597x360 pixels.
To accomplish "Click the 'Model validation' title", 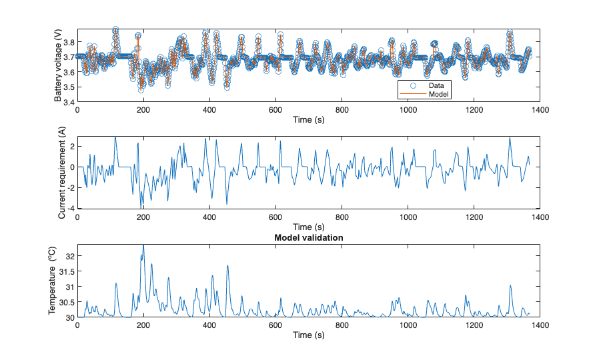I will tap(308, 237).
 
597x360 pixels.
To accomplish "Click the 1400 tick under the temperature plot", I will tap(540, 325).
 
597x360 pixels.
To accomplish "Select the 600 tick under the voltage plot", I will tap(275, 110).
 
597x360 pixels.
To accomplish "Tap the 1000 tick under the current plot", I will tap(408, 217).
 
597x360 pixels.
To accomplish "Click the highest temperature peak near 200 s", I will tap(143, 245).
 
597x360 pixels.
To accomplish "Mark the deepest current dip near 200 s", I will tap(141, 207).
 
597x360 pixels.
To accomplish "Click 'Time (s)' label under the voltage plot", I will tap(308, 119).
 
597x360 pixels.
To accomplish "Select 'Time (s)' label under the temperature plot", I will tap(308, 335).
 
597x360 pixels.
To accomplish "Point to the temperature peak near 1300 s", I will tap(511, 286).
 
